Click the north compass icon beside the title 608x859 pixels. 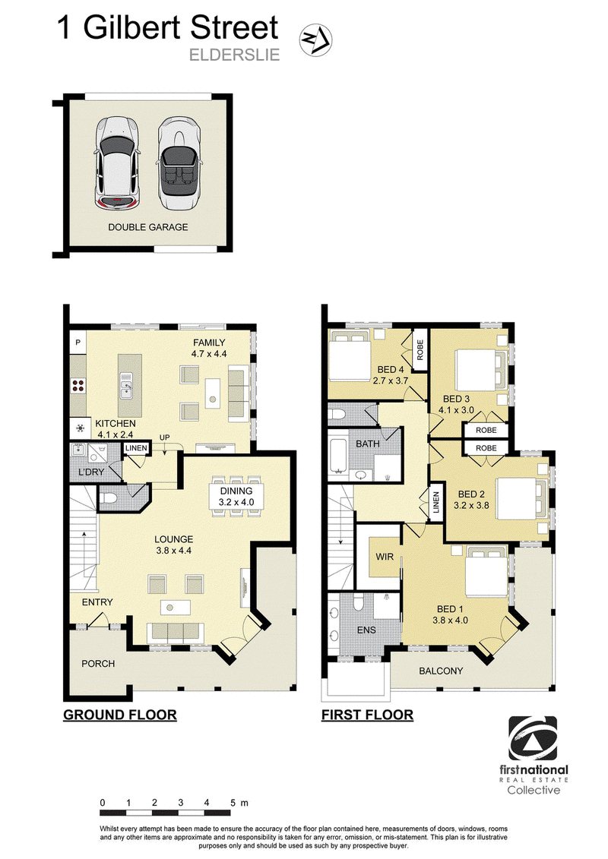[316, 41]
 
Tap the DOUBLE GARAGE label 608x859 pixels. [148, 227]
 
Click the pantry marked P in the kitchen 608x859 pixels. [78, 343]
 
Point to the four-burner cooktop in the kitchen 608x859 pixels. [78, 384]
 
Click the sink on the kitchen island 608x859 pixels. [127, 384]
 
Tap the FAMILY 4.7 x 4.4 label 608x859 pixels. [209, 349]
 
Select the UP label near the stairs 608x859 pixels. [164, 437]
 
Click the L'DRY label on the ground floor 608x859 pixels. [91, 472]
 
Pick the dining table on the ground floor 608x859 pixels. [236, 496]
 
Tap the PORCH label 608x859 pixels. [98, 663]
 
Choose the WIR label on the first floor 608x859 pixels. [385, 557]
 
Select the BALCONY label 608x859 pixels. [441, 671]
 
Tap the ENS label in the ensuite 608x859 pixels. [366, 630]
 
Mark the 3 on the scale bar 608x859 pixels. [180, 803]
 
